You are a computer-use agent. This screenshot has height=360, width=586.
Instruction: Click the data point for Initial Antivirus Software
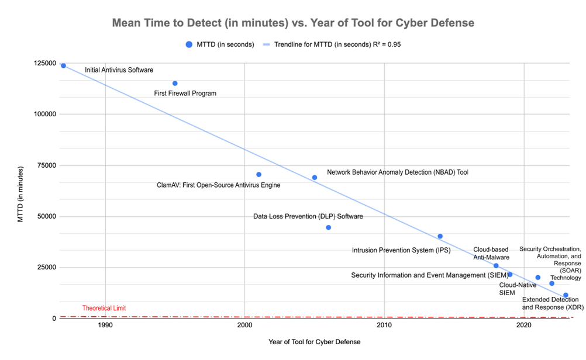coord(63,65)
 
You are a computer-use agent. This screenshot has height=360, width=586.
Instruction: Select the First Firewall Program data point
coord(175,84)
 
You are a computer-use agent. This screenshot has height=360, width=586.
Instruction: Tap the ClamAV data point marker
coord(258,175)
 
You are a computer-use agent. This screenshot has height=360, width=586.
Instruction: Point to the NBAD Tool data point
coord(315,178)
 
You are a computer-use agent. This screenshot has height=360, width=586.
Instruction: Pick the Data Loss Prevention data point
coord(329,227)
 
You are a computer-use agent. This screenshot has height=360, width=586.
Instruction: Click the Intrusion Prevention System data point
coord(440,236)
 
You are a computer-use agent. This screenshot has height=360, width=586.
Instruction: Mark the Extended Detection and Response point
coord(566,295)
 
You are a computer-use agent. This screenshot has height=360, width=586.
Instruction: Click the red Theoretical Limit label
coord(104,308)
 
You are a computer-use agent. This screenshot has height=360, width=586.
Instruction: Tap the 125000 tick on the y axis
coord(45,63)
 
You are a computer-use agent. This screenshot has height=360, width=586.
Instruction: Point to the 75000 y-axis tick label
coord(47,165)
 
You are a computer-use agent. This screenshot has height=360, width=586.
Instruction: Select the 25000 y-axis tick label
coord(47,267)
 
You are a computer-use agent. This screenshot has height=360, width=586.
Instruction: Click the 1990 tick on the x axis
coord(105,325)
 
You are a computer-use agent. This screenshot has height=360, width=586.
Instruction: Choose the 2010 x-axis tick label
coord(384,325)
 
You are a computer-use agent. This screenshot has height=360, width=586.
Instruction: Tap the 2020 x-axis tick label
coord(524,325)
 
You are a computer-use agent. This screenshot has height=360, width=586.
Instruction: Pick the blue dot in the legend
coord(188,44)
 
